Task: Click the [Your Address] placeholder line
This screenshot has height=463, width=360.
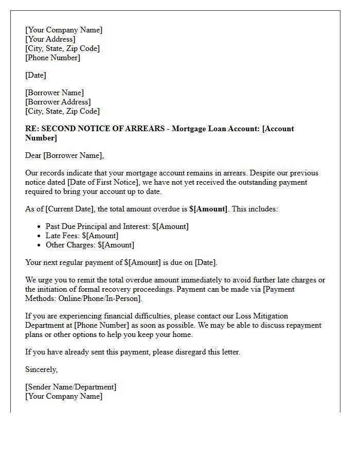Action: click(x=50, y=39)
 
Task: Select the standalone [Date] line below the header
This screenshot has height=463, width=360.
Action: click(x=35, y=75)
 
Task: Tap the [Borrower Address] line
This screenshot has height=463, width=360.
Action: click(x=58, y=102)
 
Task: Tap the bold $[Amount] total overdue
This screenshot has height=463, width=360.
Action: click(x=208, y=209)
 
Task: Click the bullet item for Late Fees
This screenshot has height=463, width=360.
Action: click(x=82, y=236)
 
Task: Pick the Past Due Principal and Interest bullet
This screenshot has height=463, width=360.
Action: click(x=117, y=226)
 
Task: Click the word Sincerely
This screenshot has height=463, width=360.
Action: click(x=41, y=369)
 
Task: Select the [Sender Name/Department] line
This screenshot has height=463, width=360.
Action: click(x=71, y=387)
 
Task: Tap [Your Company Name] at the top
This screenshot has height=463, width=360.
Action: click(x=64, y=30)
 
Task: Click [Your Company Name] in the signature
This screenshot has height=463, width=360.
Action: click(x=64, y=396)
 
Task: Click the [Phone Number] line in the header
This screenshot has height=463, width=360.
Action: click(x=53, y=58)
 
